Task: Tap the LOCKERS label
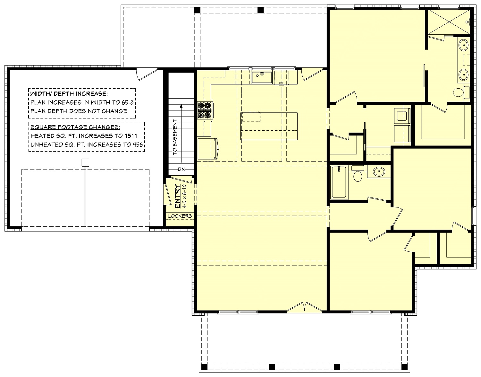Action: click(x=180, y=216)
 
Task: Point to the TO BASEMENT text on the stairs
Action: click(x=175, y=137)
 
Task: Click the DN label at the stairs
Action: click(x=181, y=170)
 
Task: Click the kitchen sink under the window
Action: click(x=261, y=77)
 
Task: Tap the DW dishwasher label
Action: click(x=281, y=83)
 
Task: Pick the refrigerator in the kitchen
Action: click(x=208, y=148)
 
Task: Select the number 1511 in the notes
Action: click(x=131, y=136)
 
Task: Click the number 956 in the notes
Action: click(x=137, y=145)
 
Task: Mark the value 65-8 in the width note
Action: click(x=126, y=103)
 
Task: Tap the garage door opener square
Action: click(x=85, y=162)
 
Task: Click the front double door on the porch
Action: click(x=305, y=307)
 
